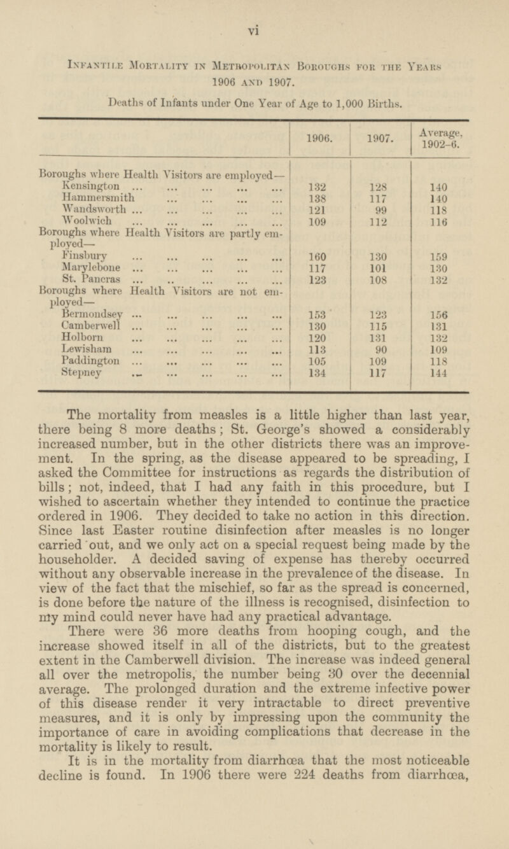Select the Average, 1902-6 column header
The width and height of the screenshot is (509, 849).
441,136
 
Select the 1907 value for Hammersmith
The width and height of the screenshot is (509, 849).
380,198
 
